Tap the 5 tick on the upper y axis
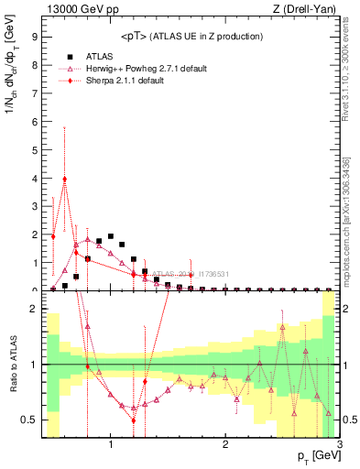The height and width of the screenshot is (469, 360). (33, 150)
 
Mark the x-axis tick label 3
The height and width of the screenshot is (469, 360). (339, 446)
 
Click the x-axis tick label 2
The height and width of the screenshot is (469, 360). (225, 446)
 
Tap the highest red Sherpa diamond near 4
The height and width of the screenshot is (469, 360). (64, 180)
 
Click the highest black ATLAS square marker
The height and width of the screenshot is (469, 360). (111, 236)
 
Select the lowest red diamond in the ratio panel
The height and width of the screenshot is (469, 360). (134, 420)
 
